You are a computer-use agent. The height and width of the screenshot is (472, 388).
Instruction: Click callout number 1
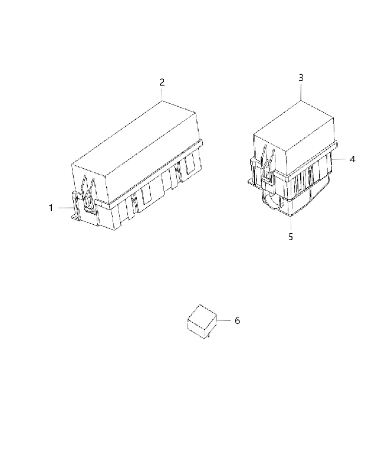51,208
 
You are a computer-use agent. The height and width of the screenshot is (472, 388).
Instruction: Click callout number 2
162,82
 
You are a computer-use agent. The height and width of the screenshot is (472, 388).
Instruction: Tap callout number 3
301,78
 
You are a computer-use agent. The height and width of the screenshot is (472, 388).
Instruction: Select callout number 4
352,159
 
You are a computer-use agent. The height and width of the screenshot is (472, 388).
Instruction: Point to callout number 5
291,237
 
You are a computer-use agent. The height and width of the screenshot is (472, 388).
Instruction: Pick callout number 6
237,321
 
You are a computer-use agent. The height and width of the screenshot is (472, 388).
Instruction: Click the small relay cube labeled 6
202,322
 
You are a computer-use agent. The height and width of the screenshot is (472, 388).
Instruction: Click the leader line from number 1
65,208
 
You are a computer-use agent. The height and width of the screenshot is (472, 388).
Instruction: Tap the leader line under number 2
162,94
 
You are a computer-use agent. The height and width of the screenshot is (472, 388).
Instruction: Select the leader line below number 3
301,92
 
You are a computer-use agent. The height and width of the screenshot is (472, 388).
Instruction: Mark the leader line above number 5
291,224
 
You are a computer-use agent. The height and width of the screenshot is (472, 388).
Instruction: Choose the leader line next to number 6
223,321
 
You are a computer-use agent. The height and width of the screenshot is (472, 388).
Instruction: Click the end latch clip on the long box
88,194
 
